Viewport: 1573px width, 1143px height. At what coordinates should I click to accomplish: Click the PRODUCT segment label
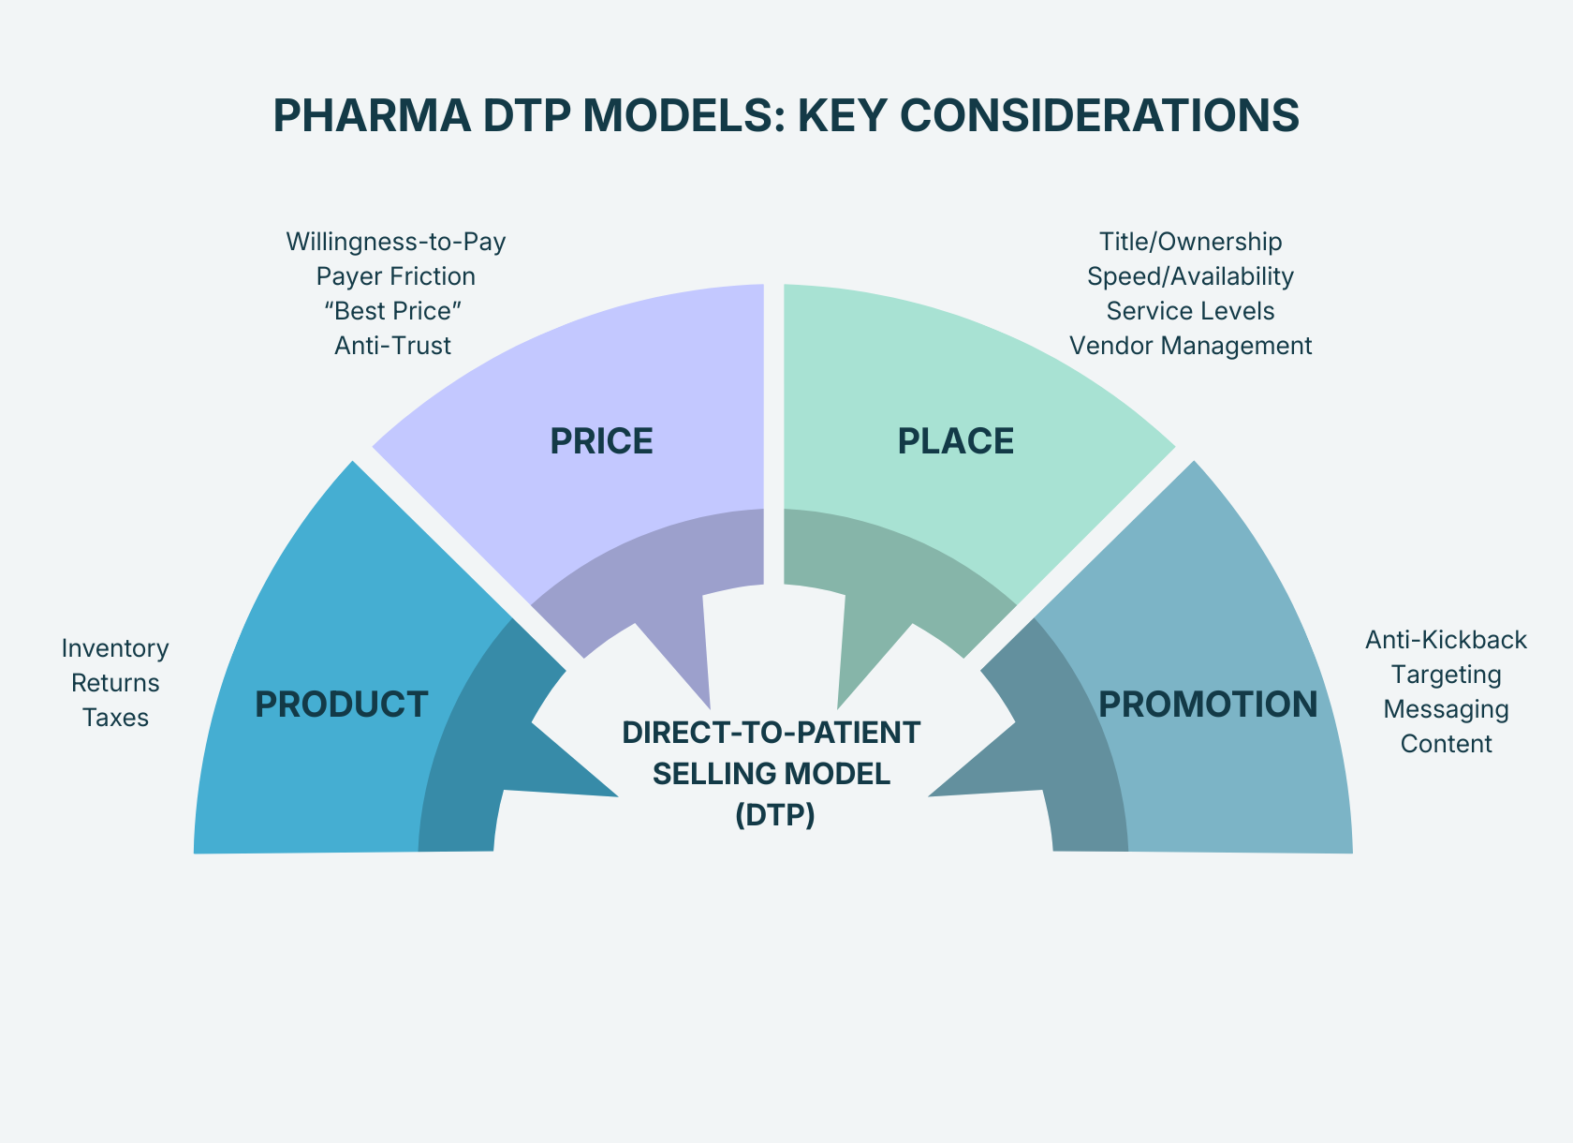(341, 705)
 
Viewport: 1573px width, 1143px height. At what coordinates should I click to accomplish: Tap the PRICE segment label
(601, 441)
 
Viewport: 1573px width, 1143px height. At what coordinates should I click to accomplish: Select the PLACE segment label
(955, 441)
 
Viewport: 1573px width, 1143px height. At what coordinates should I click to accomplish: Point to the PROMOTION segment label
(1208, 705)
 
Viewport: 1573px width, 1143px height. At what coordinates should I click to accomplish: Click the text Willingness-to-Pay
(395, 242)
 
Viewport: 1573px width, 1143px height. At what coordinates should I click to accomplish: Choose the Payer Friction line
(395, 276)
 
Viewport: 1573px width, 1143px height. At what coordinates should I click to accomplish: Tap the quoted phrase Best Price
(393, 311)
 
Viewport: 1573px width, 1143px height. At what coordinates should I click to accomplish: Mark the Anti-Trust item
(392, 346)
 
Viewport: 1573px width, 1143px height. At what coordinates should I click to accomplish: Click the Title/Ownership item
(1190, 242)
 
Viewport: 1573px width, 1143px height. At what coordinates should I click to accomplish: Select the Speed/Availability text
(1190, 276)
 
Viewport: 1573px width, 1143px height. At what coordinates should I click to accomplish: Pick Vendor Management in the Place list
(1190, 346)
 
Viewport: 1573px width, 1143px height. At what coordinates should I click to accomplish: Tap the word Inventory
(115, 648)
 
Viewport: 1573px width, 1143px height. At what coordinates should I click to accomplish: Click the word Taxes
(115, 718)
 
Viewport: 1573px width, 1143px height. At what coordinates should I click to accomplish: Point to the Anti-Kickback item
(1446, 640)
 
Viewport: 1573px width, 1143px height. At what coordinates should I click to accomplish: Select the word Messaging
(1446, 709)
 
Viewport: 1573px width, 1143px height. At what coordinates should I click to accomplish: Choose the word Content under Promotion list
(1446, 744)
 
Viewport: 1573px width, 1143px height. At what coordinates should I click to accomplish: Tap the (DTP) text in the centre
(774, 815)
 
